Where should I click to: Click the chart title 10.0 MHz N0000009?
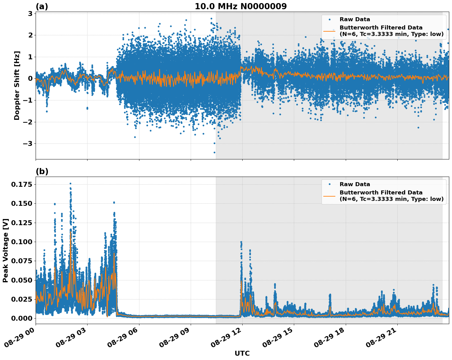click(240, 6)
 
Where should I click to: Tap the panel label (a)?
click(42, 6)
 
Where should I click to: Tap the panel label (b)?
click(42, 171)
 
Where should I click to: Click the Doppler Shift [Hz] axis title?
click(17, 85)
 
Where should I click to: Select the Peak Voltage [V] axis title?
click(6, 250)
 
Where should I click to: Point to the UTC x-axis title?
click(242, 353)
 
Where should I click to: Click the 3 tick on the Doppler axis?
click(30, 14)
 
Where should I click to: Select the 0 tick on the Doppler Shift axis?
click(30, 79)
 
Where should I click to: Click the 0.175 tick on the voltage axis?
click(22, 184)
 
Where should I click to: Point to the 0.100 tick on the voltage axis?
click(22, 242)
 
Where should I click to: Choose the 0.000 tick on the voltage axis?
click(22, 318)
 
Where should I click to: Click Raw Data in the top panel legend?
click(355, 19)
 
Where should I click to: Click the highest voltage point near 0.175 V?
click(70, 184)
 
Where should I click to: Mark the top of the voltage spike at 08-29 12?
click(241, 242)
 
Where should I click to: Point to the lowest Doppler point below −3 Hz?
click(214, 152)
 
